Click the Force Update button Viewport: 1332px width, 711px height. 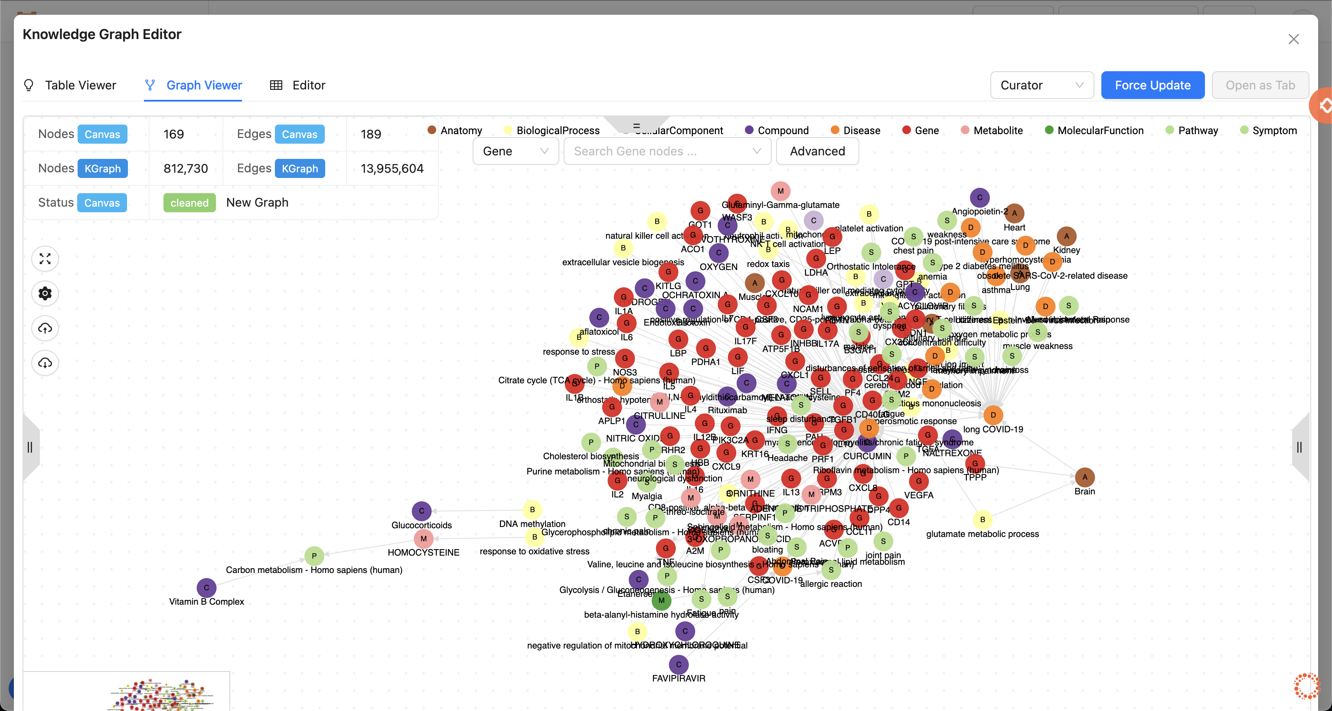[x=1152, y=86]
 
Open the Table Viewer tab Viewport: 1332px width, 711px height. [x=80, y=86]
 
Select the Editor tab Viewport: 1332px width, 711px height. [x=308, y=86]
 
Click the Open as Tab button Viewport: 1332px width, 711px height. [x=1260, y=86]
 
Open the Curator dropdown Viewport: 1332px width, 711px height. [x=1041, y=86]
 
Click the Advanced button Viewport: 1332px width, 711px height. [x=817, y=151]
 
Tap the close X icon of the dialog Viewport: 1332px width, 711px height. [x=1293, y=39]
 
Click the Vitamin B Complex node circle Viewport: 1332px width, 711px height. [x=206, y=588]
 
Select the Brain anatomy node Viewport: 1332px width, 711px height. [x=1084, y=477]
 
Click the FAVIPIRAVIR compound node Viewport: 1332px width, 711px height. [x=679, y=665]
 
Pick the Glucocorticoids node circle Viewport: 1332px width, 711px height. [x=421, y=511]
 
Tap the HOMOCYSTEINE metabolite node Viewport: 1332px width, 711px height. [x=424, y=539]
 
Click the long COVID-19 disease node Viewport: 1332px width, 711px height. [x=993, y=415]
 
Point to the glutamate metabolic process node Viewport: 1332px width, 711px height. [x=983, y=520]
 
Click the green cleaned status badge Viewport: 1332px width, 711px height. [x=189, y=203]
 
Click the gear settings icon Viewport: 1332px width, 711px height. [x=45, y=293]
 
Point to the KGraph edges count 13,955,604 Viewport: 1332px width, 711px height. [x=392, y=169]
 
